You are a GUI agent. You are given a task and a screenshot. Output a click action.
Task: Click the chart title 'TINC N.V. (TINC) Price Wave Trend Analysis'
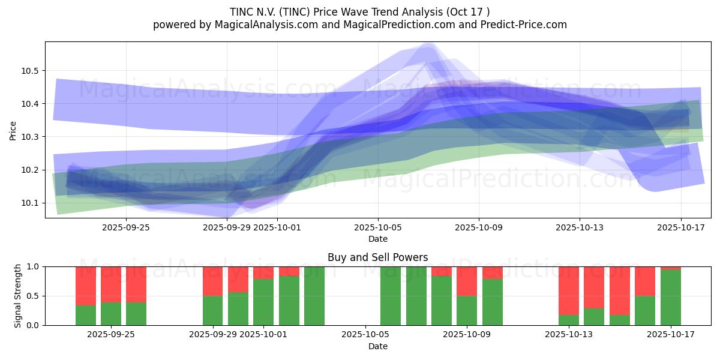click(359, 12)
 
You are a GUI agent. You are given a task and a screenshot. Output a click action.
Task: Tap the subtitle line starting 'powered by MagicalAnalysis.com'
click(359, 25)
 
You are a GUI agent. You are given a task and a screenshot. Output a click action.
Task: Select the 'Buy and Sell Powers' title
click(377, 257)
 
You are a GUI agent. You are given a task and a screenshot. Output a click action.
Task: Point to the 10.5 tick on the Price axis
click(30, 71)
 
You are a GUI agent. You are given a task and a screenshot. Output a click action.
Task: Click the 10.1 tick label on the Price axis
click(30, 203)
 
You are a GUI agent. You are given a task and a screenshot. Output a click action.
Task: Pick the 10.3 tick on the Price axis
click(30, 137)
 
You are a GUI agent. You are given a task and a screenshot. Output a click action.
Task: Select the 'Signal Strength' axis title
click(18, 295)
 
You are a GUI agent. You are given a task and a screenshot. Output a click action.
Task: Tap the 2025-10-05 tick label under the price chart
click(378, 227)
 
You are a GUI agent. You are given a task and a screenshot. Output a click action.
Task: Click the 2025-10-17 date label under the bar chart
click(671, 335)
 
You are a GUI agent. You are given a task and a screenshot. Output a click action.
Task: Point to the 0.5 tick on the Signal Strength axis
click(33, 296)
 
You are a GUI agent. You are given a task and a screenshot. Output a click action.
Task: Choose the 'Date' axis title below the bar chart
click(377, 346)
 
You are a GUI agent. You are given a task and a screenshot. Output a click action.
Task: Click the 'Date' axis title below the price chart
click(377, 239)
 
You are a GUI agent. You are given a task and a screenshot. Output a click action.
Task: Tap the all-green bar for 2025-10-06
click(391, 296)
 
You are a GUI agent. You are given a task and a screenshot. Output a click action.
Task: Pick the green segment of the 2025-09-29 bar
click(213, 310)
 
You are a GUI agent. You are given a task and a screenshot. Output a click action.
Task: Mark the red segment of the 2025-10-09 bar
click(467, 281)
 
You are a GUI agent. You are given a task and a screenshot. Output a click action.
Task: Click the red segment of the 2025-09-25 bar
click(136, 284)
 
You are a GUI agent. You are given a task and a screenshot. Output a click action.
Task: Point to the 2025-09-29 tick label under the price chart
click(227, 227)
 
